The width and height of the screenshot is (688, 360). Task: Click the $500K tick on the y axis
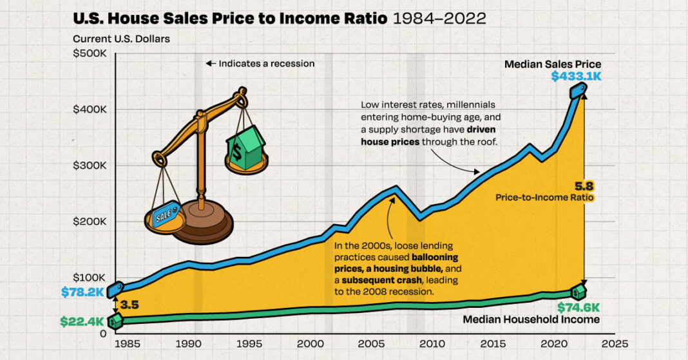pos(90,53)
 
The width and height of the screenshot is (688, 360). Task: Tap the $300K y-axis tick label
pos(90,166)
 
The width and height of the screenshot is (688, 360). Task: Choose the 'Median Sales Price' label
pos(552,64)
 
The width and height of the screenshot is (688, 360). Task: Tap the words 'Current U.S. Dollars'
pos(121,39)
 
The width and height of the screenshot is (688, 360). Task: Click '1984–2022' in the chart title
pos(438,17)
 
